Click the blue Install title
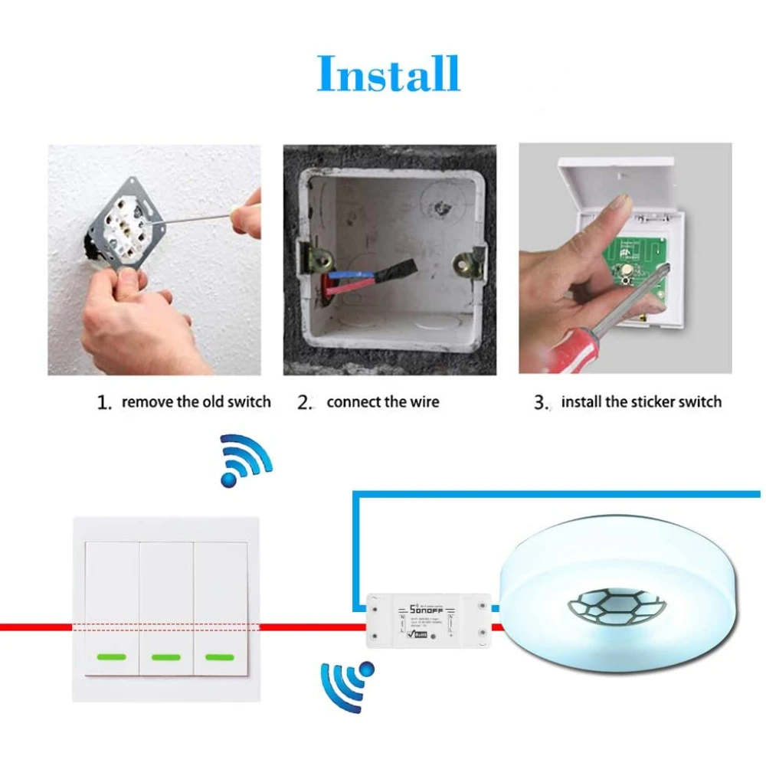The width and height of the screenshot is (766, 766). point(388,74)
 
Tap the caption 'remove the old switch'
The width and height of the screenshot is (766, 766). point(195,401)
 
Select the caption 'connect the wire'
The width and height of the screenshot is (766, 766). point(383,401)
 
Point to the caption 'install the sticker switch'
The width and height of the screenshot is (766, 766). point(641,401)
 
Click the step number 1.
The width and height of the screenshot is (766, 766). point(104,402)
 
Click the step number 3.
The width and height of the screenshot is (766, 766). point(542,402)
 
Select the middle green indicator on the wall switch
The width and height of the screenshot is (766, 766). point(166,656)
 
